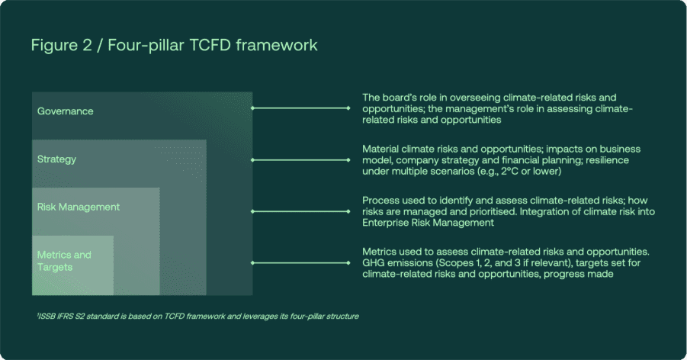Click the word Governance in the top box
click(x=66, y=111)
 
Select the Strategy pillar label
click(x=56, y=159)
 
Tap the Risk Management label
click(x=79, y=207)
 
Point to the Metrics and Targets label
click(x=64, y=261)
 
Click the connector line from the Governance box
click(x=300, y=108)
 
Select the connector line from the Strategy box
click(x=300, y=160)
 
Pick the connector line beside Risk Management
click(x=300, y=211)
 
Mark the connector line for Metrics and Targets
click(x=300, y=263)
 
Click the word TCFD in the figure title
click(x=210, y=45)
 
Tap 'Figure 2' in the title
click(x=61, y=46)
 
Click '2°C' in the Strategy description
click(x=509, y=172)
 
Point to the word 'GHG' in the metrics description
click(x=373, y=263)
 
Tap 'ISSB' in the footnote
click(x=47, y=317)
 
